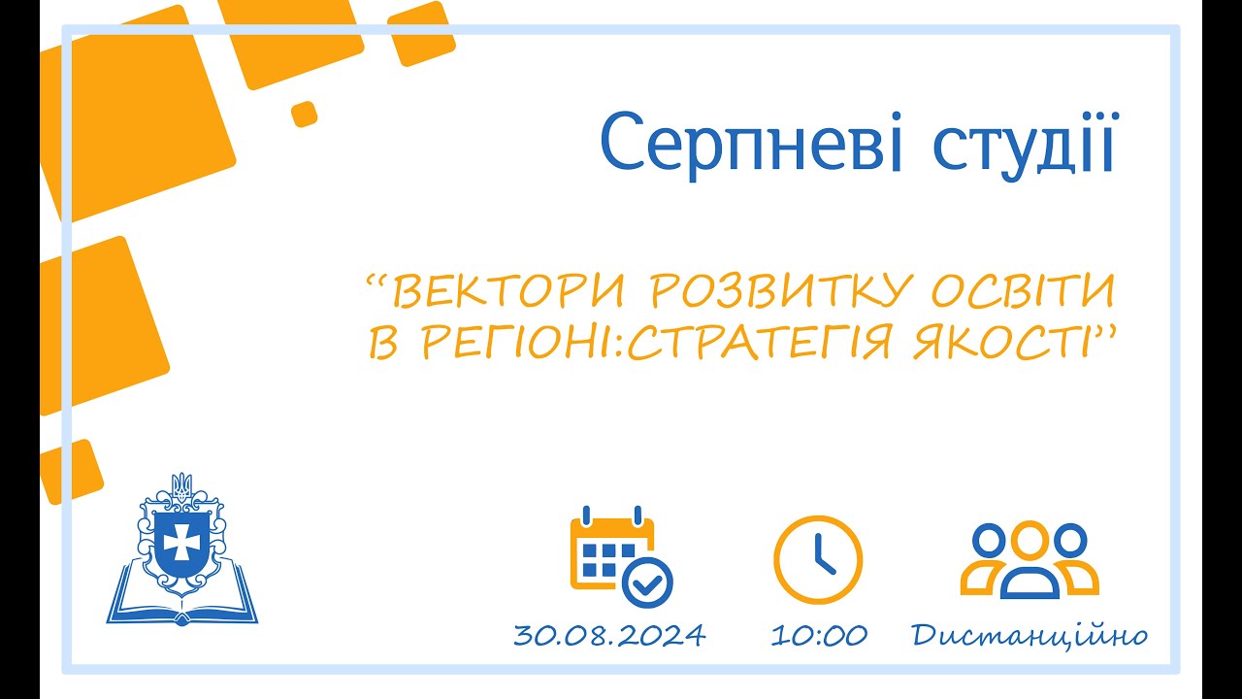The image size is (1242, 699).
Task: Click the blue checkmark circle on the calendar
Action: pyautogui.click(x=647, y=584)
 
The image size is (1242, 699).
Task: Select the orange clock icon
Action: pyautogui.click(x=817, y=560)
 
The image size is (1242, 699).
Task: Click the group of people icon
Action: pyautogui.click(x=1029, y=560)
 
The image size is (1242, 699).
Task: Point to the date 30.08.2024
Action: pyautogui.click(x=609, y=636)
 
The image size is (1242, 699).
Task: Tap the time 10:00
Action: pyautogui.click(x=819, y=636)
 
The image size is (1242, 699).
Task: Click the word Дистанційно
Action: pyautogui.click(x=1029, y=636)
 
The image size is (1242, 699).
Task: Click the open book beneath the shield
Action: pyautogui.click(x=181, y=604)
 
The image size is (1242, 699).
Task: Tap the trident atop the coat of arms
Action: pyautogui.click(x=181, y=484)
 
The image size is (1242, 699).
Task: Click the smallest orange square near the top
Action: pyautogui.click(x=305, y=114)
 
